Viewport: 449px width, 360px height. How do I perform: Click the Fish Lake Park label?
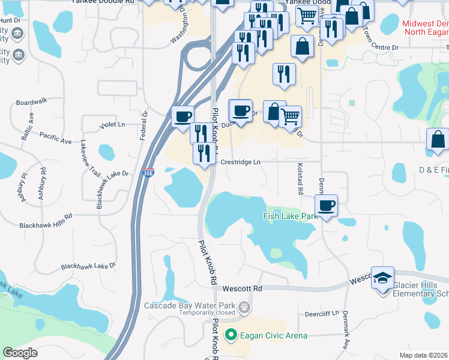291,216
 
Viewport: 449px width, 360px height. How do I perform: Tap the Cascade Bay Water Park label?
191,305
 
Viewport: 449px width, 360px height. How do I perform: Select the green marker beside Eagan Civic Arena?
229,335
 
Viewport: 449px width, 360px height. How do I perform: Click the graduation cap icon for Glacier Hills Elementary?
382,277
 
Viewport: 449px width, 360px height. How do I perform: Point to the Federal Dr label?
144,125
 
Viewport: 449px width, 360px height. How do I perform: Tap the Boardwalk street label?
32,103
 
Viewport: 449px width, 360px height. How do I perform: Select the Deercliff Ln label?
322,313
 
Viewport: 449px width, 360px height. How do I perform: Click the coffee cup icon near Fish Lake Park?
326,206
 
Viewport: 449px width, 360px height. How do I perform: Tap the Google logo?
20,352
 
